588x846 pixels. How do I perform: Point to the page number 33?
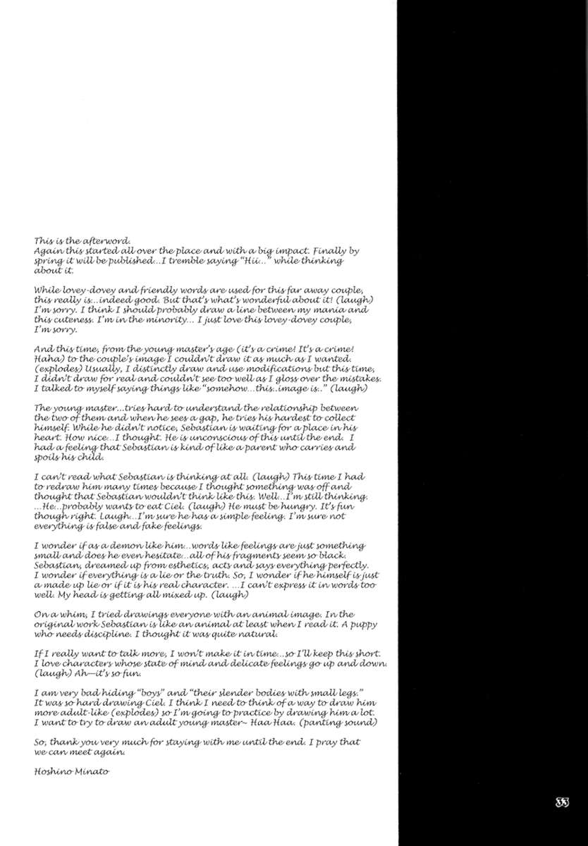point(561,802)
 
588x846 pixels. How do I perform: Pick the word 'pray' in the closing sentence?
point(319,741)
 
